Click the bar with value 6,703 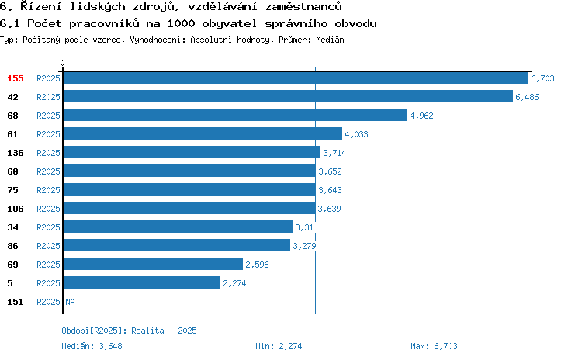296,78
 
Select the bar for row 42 288,96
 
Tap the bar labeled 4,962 235,115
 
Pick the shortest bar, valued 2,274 142,283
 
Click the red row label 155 16,78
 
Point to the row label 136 16,153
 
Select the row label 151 16,302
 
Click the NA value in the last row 70,302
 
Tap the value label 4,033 356,134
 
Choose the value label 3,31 304,227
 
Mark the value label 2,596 257,265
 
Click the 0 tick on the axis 62,63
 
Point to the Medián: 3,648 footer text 92,346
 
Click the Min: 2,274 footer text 279,346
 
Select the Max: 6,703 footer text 434,346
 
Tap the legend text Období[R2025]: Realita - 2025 129,331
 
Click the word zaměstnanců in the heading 303,6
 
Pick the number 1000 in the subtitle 181,24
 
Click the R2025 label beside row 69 48,265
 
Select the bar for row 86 177,245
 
